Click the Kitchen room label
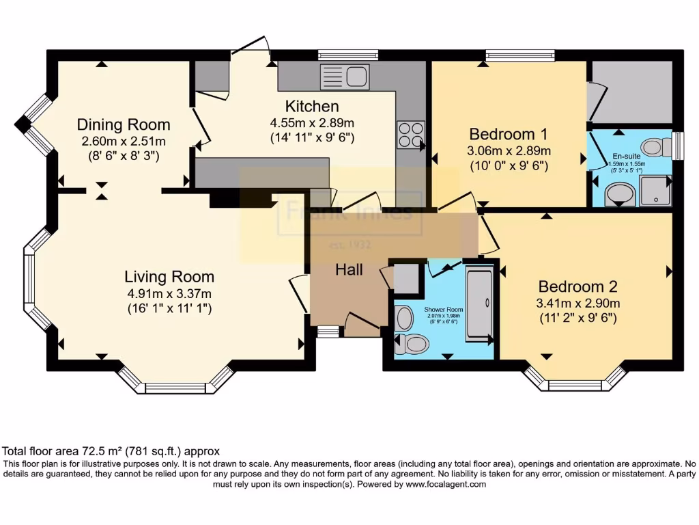click(311, 107)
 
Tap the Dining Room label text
click(124, 125)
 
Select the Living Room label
click(169, 277)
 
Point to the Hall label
click(349, 270)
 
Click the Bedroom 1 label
click(509, 133)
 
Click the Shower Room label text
click(443, 309)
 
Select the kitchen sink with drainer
click(345, 77)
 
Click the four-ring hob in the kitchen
click(410, 134)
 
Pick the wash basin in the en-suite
click(619, 196)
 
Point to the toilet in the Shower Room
click(410, 343)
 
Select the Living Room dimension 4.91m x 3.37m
click(169, 293)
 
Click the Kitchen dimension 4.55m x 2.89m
click(312, 124)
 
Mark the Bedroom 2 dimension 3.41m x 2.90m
click(578, 303)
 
